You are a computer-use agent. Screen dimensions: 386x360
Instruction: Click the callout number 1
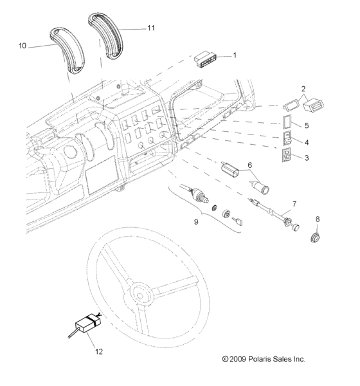235,56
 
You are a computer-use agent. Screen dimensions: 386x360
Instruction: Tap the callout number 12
99,352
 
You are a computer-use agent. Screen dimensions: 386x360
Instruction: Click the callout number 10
22,46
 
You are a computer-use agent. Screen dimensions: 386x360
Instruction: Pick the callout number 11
152,28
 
